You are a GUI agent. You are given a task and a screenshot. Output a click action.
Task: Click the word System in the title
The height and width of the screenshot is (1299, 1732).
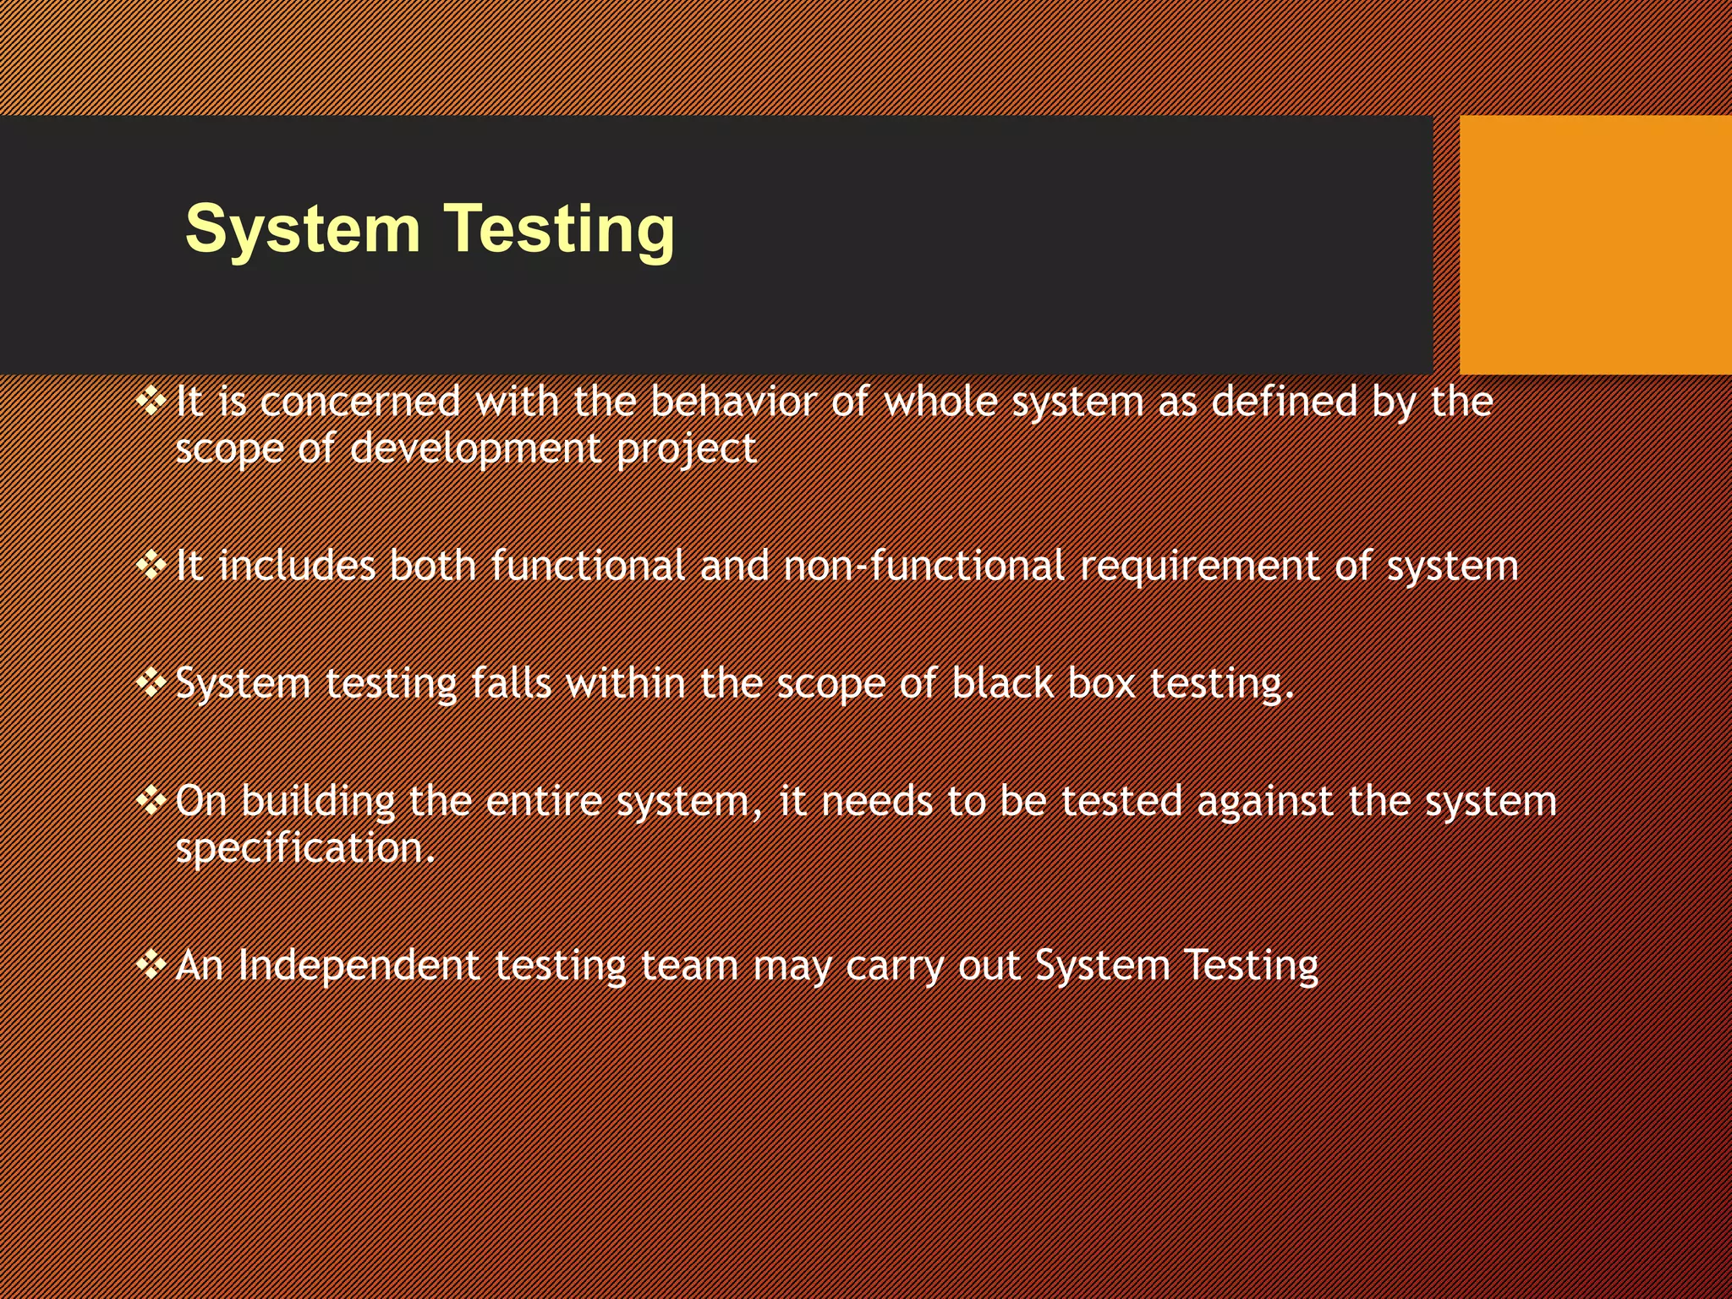click(302, 229)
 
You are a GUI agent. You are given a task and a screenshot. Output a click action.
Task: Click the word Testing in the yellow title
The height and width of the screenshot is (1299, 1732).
click(559, 229)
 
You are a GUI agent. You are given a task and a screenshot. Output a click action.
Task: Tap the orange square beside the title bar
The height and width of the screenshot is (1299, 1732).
click(1595, 244)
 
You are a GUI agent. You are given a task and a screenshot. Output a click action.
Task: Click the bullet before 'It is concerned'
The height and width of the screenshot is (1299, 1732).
click(151, 400)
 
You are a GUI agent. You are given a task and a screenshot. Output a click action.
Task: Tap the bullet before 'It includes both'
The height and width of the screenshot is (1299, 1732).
click(151, 564)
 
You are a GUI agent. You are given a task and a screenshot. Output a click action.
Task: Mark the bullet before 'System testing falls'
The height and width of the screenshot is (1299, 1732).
click(151, 682)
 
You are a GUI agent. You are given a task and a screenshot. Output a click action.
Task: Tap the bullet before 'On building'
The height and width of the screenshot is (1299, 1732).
click(151, 799)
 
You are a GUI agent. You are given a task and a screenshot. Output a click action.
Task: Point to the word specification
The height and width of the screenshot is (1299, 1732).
click(304, 848)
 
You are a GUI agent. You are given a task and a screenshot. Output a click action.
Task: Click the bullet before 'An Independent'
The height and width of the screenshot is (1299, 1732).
click(151, 964)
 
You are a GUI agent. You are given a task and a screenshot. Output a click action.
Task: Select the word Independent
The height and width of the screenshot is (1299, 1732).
click(358, 966)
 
